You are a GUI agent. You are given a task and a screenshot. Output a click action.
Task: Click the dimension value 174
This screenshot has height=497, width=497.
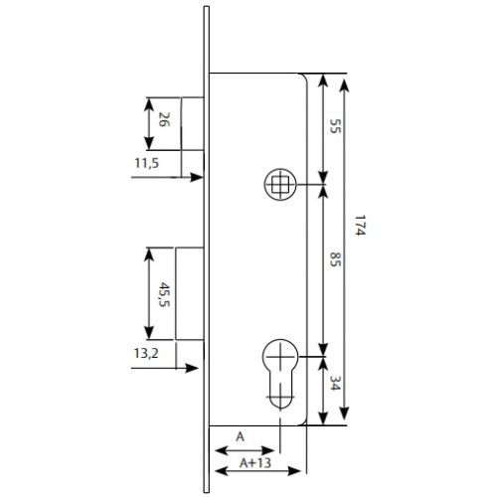pyautogui.click(x=360, y=226)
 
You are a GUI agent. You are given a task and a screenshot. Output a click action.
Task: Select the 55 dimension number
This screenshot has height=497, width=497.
pyautogui.click(x=335, y=126)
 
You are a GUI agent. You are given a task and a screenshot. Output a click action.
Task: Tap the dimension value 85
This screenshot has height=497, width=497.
pyautogui.click(x=335, y=259)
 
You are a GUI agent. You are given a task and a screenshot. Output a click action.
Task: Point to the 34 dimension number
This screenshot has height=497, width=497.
pyautogui.click(x=335, y=383)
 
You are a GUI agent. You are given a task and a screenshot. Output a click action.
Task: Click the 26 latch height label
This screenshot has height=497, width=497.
pyautogui.click(x=164, y=119)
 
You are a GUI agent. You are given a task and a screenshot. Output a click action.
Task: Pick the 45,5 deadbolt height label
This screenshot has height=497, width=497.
pyautogui.click(x=165, y=294)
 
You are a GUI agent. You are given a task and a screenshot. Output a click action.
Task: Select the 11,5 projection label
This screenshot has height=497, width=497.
pyautogui.click(x=146, y=163)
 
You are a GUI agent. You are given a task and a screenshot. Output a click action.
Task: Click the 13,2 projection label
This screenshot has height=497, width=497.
pyautogui.click(x=146, y=353)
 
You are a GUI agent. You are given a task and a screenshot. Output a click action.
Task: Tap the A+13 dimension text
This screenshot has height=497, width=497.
pyautogui.click(x=255, y=462)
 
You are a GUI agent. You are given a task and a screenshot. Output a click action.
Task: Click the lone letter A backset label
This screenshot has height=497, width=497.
pyautogui.click(x=241, y=437)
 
